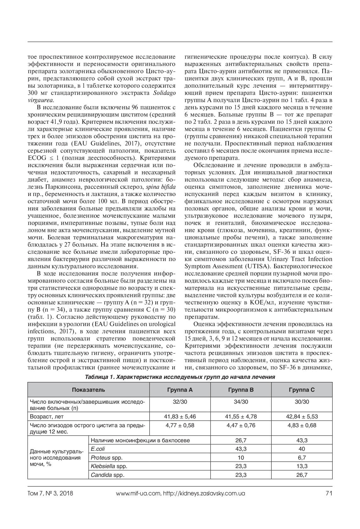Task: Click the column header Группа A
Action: (x=180, y=390)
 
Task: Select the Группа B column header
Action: (x=241, y=390)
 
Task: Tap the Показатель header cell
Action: (x=88, y=390)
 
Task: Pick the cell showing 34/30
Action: (x=241, y=402)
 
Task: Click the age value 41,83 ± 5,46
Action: (x=180, y=417)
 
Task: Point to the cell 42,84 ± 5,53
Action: (x=302, y=417)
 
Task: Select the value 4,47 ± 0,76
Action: (x=241, y=425)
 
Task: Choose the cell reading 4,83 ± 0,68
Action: (x=302, y=425)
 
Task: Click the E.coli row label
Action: (x=98, y=449)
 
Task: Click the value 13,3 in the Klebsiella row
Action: (x=302, y=466)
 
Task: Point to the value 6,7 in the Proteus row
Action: (x=302, y=458)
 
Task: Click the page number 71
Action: (x=329, y=493)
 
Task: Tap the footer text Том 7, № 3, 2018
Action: (x=50, y=493)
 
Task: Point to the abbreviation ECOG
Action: (x=37, y=158)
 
